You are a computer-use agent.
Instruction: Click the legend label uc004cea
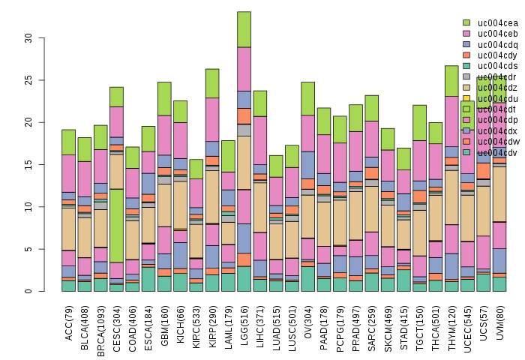(x=497, y=23)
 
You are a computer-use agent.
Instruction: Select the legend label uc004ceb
(x=497, y=34)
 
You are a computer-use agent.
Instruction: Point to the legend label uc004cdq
(x=497, y=44)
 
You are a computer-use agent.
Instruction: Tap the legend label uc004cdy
(x=497, y=55)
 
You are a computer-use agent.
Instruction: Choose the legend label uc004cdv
(x=497, y=152)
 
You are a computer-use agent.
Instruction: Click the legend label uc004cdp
(x=497, y=119)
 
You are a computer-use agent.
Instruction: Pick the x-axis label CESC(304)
(x=117, y=322)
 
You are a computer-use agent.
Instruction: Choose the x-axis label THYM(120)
(x=451, y=322)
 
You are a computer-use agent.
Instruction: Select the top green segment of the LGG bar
(x=244, y=29)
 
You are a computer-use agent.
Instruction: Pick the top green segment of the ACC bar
(x=69, y=142)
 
